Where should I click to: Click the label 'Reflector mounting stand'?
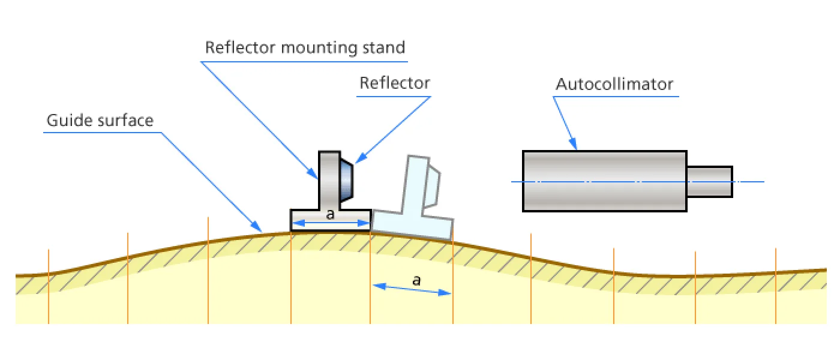(305, 48)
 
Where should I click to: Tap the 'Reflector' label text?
(395, 83)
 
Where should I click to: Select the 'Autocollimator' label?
(614, 84)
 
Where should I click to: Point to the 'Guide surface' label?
(100, 121)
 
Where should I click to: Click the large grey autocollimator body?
(605, 181)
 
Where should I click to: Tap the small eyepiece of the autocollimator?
(709, 182)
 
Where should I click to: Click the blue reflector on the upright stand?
(347, 179)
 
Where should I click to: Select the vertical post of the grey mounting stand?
(329, 180)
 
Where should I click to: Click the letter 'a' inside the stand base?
(330, 215)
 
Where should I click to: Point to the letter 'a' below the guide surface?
(416, 281)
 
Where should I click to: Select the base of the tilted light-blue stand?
(413, 224)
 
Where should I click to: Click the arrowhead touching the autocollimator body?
(574, 143)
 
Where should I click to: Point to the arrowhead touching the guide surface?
(257, 227)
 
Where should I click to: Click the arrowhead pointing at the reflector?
(361, 158)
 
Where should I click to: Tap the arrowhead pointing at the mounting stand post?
(313, 173)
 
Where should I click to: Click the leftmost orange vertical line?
(49, 286)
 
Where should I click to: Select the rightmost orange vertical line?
(775, 286)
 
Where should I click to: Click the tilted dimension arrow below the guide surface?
(412, 289)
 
